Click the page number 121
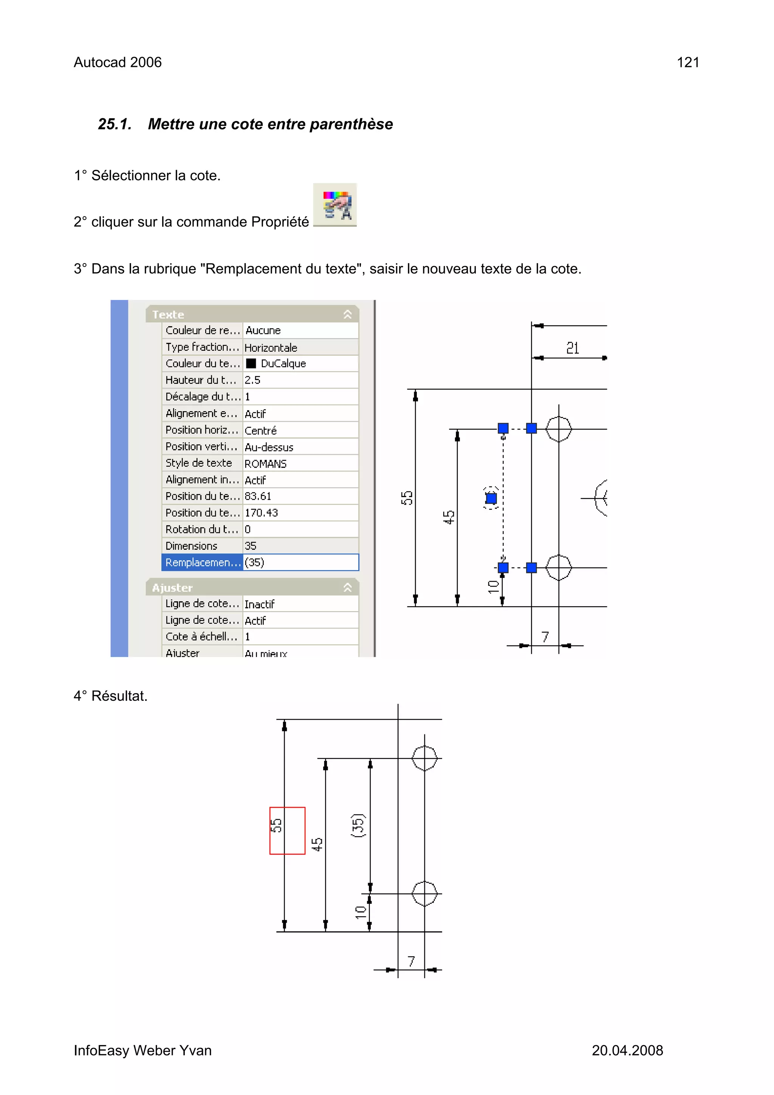(687, 62)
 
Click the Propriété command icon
(335, 205)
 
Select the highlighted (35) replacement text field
(300, 562)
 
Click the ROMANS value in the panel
(265, 463)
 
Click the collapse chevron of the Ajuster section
(348, 587)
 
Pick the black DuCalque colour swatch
(251, 363)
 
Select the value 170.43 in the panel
(261, 513)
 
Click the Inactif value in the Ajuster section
(259, 604)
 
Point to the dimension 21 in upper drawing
(572, 348)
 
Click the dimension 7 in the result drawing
(411, 961)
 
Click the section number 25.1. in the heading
(115, 124)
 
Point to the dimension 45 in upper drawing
(449, 517)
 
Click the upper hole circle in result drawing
(424, 758)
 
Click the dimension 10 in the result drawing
(361, 912)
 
